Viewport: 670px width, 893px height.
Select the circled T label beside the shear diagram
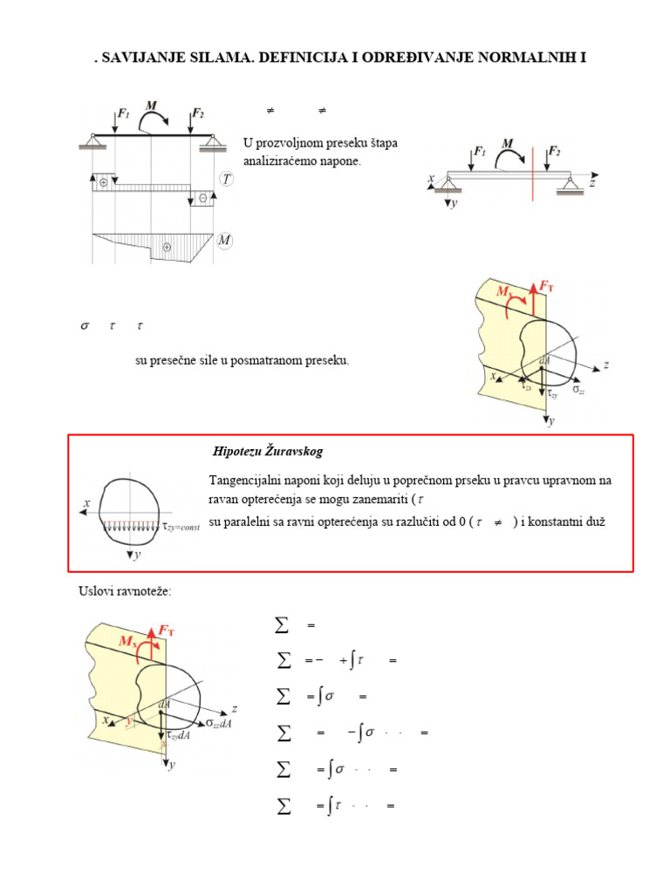point(226,179)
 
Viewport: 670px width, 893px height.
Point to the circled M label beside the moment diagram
point(225,240)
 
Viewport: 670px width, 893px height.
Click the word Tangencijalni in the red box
point(245,481)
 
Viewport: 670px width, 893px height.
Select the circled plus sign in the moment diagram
point(167,247)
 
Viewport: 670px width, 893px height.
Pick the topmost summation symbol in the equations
point(281,625)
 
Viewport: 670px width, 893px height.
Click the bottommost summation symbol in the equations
point(282,807)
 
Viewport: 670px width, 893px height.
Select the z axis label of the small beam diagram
point(591,184)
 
